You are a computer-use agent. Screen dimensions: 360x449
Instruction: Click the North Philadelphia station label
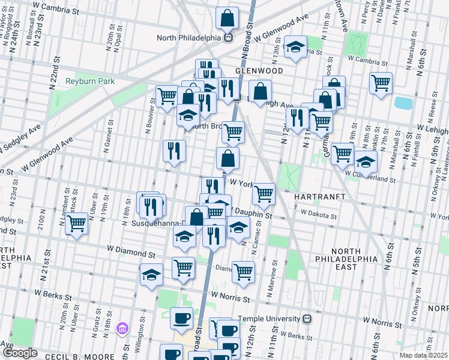tap(188, 37)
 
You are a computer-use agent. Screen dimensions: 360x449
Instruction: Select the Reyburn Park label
tap(85, 81)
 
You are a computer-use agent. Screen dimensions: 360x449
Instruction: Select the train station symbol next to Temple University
tap(307, 319)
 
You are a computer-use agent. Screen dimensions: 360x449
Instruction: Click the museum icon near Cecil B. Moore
tap(123, 329)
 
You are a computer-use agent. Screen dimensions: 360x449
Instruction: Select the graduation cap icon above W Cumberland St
tap(366, 161)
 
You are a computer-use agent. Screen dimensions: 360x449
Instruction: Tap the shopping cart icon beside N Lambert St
tap(77, 223)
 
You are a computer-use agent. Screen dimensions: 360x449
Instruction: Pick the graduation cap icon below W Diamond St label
tap(151, 275)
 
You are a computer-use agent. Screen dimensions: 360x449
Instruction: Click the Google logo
tap(20, 353)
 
